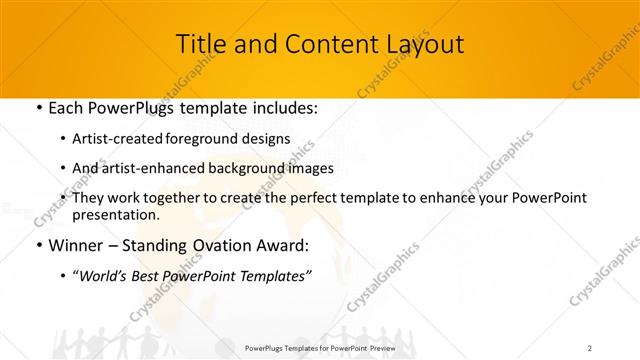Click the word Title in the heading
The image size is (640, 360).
200,44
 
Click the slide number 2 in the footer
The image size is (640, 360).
590,347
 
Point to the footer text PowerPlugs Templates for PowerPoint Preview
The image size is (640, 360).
319,347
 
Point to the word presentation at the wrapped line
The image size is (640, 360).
115,215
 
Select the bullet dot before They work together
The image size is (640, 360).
64,198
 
